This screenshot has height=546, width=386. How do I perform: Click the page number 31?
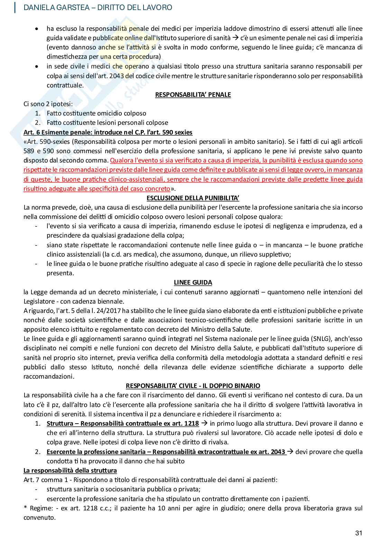(x=359, y=533)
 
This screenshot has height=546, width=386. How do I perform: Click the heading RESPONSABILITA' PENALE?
(x=193, y=94)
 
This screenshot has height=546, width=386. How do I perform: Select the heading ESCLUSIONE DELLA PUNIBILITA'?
(x=193, y=198)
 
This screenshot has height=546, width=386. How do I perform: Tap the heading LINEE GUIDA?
(x=193, y=282)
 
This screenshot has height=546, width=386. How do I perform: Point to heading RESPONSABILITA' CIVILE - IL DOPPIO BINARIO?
(x=193, y=386)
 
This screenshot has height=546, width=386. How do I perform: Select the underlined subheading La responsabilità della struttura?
(x=70, y=470)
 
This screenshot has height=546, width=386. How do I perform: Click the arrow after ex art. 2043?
(x=290, y=452)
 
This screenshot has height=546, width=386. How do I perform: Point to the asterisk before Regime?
(x=25, y=508)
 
